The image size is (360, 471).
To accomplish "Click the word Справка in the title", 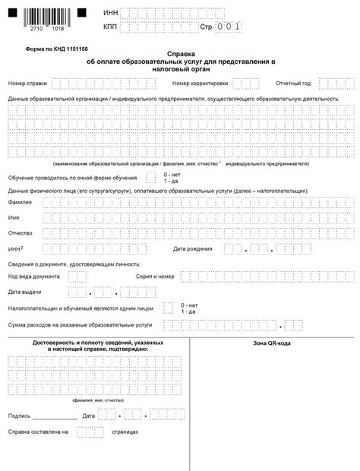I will (x=180, y=54).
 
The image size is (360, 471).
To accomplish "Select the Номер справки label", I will (x=27, y=83).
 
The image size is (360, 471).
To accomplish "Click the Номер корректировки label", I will (x=200, y=83).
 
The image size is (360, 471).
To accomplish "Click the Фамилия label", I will (x=21, y=203).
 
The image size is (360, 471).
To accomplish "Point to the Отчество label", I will (x=21, y=232).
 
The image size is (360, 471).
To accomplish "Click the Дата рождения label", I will (x=193, y=248).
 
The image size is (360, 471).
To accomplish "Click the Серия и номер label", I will (x=155, y=277).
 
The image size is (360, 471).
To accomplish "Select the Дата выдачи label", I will (x=24, y=292).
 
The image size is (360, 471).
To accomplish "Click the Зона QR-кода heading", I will (x=271, y=343).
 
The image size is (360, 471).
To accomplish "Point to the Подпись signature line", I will (x=55, y=416).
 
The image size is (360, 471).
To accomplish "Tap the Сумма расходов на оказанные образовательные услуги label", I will (x=80, y=324).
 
